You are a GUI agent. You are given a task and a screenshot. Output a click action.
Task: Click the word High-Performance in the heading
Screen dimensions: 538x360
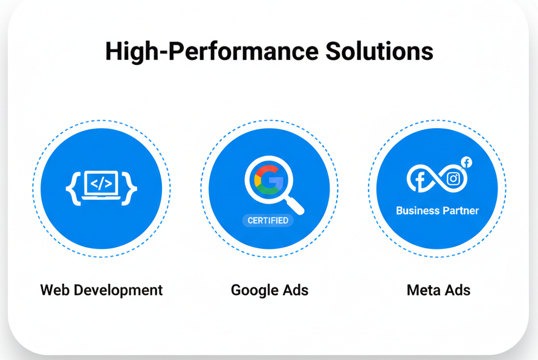pyautogui.click(x=212, y=52)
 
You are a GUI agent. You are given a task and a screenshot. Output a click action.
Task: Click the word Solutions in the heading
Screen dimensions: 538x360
pyautogui.click(x=380, y=51)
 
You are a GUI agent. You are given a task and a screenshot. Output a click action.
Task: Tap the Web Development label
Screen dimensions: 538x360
pyautogui.click(x=102, y=291)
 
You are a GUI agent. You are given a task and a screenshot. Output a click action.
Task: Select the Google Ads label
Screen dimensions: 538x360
pyautogui.click(x=270, y=291)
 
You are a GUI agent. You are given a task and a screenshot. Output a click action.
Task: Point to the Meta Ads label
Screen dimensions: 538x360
pyautogui.click(x=438, y=290)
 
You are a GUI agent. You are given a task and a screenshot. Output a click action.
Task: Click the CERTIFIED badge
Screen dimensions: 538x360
pyautogui.click(x=268, y=220)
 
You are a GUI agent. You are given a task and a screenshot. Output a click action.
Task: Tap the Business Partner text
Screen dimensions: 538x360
pyautogui.click(x=438, y=211)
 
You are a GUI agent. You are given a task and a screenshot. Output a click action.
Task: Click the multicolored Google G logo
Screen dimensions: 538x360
pyautogui.click(x=269, y=180)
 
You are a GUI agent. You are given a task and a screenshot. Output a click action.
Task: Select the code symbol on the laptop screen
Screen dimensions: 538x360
pyautogui.click(x=101, y=184)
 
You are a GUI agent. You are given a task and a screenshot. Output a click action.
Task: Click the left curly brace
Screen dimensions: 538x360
pyautogui.click(x=73, y=188)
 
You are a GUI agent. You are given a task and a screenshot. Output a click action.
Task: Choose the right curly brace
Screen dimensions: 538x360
pyautogui.click(x=129, y=188)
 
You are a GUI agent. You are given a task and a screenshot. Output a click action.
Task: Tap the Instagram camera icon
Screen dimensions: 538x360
pyautogui.click(x=453, y=179)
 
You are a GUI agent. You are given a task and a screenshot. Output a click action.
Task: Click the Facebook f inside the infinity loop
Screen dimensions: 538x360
pyautogui.click(x=420, y=181)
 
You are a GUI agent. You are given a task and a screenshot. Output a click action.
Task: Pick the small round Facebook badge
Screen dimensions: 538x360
pyautogui.click(x=466, y=162)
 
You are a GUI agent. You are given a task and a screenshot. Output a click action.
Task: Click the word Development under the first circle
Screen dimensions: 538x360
pyautogui.click(x=118, y=291)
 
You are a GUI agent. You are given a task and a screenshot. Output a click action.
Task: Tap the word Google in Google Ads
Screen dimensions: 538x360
pyautogui.click(x=254, y=291)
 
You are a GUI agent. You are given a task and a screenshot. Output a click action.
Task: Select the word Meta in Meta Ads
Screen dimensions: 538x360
pyautogui.click(x=423, y=290)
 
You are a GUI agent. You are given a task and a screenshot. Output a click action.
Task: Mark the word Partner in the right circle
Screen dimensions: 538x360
pyautogui.click(x=460, y=211)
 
